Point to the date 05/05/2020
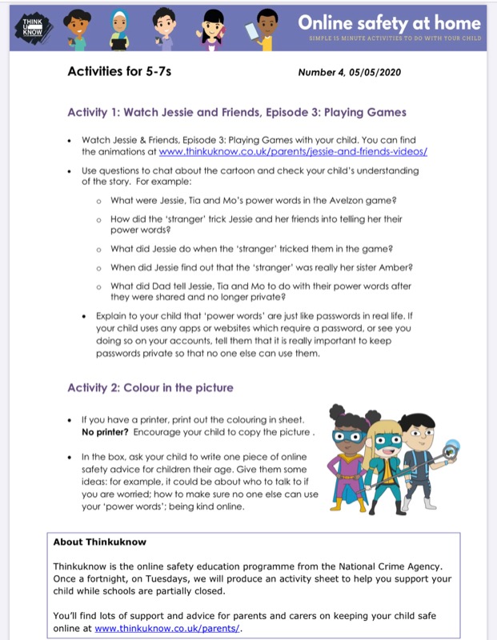tap(372, 73)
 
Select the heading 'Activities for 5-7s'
tap(119, 72)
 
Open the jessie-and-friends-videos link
tap(293, 151)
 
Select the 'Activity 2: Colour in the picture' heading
tap(150, 388)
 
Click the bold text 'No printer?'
tap(106, 432)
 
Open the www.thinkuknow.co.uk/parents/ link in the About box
tap(166, 629)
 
